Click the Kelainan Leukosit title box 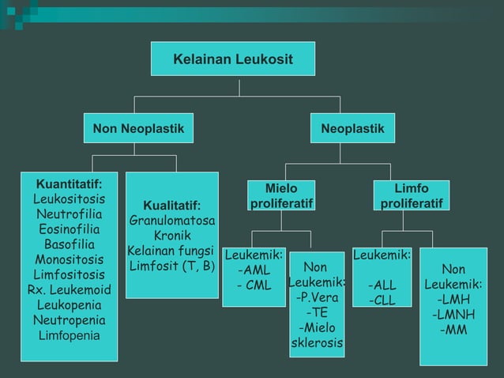coord(233,59)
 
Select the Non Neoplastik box coord(138,128)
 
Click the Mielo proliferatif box coord(282,196)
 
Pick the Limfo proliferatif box coord(412,196)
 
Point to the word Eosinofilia coord(69,229)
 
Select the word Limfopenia coord(70,335)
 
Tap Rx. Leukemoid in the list coord(70,289)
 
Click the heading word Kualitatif coord(171,206)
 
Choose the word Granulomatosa coord(172,220)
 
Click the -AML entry coord(254,270)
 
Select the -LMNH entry coord(453,315)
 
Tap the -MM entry coord(453,330)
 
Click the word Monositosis coord(69,259)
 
